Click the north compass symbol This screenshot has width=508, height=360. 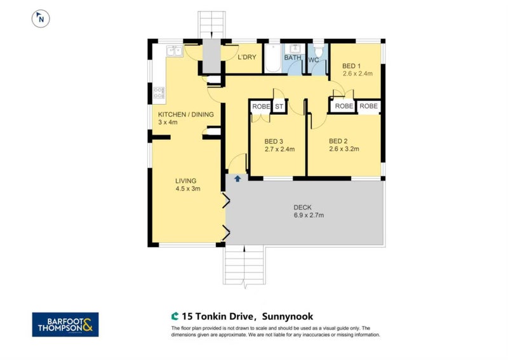[41, 18]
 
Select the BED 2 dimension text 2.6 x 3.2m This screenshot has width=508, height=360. [344, 150]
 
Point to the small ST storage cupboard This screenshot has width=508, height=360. [278, 107]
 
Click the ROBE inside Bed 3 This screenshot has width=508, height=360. [260, 107]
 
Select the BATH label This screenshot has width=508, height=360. [293, 58]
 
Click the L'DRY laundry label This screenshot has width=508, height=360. [247, 58]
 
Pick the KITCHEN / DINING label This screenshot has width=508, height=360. [185, 114]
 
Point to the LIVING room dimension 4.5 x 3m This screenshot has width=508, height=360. [188, 188]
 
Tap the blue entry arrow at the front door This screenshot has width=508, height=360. [237, 179]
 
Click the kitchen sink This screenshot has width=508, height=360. [173, 51]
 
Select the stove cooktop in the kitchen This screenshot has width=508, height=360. [159, 95]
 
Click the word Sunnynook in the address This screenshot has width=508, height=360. [289, 316]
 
